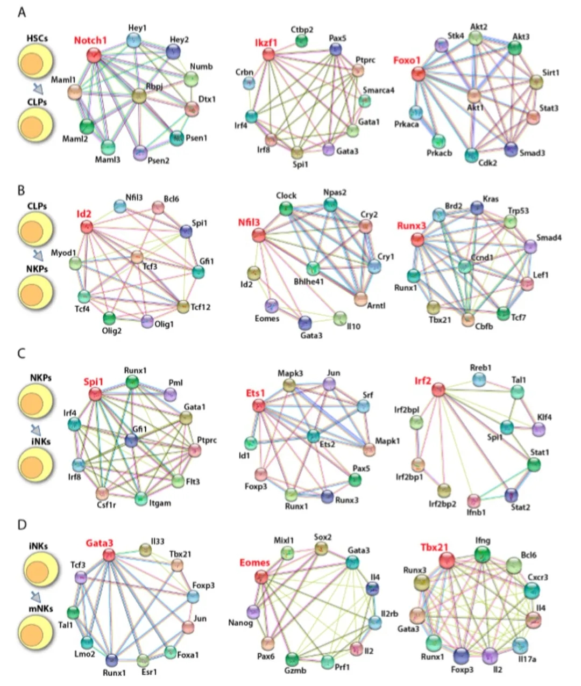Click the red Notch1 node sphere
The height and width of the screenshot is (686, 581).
[94, 55]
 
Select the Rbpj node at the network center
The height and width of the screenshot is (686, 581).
[139, 97]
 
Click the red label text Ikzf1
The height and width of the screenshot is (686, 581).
[265, 42]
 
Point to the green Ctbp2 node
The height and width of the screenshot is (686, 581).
[302, 41]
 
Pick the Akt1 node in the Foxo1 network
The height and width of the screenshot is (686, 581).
[474, 96]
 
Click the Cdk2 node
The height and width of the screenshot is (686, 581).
[471, 155]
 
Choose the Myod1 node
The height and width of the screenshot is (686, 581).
[75, 263]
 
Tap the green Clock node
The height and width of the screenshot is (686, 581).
[286, 208]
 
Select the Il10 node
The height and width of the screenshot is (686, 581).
[340, 318]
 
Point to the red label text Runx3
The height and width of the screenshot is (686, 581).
[412, 226]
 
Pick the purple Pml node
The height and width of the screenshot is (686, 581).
[170, 395]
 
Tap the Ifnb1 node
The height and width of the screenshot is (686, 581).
[474, 502]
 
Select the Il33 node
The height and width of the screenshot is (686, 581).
[145, 549]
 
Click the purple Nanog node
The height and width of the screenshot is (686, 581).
[253, 611]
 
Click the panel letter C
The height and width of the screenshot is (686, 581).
[22, 353]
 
